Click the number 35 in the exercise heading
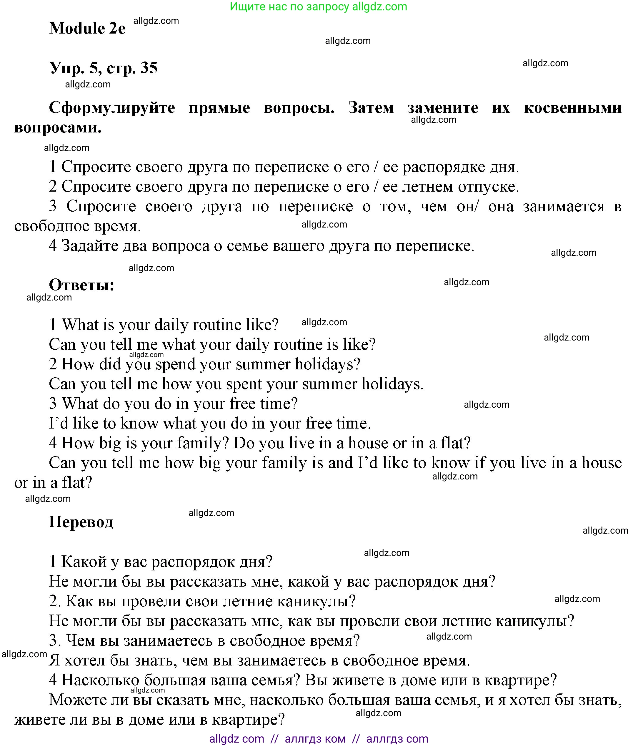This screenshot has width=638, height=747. pyautogui.click(x=149, y=68)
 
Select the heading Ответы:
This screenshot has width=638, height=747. pyautogui.click(x=81, y=285)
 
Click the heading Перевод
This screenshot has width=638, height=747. pyautogui.click(x=81, y=522)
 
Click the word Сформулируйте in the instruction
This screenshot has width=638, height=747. pyautogui.click(x=112, y=107)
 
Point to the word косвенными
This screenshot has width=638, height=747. pyautogui.click(x=572, y=107)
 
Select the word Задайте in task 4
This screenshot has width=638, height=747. pyautogui.click(x=89, y=246)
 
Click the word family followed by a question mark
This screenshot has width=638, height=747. pyautogui.click(x=201, y=443)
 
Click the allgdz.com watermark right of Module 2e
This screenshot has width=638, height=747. pyautogui.click(x=156, y=21)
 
